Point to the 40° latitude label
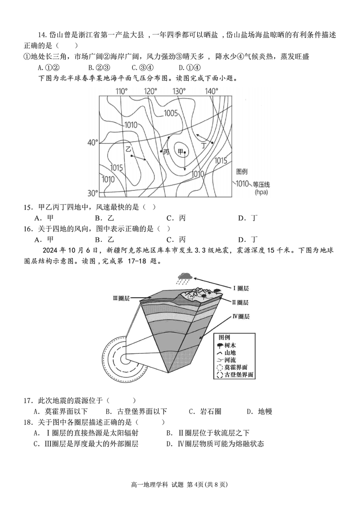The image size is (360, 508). pos(92,143)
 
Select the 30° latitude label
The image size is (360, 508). pos(92,193)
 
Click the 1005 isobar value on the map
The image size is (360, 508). pos(171,113)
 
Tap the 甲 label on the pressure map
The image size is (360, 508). pos(181,152)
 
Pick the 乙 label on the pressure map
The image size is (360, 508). pos(128,149)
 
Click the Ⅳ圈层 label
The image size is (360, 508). pos(241,316)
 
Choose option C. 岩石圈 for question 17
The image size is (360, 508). pos(205,411)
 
